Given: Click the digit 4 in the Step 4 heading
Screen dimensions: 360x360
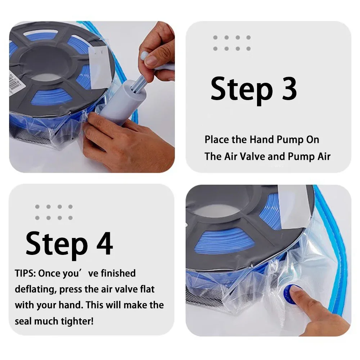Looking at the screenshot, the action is click(104, 244).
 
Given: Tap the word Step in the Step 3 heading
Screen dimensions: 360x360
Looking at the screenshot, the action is click(242, 91).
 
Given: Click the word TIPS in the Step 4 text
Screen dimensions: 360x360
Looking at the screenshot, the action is click(25, 273).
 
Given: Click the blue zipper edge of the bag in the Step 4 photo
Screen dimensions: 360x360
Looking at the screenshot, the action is click(332, 248).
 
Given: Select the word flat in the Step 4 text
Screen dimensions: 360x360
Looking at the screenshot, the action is click(147, 289).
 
